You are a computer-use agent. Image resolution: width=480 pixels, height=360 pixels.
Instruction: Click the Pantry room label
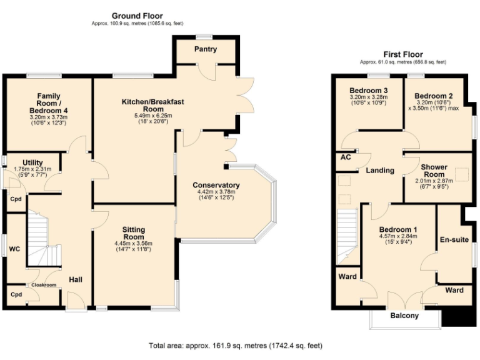tap(206, 49)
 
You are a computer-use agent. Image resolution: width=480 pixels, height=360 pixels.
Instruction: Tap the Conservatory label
tap(216, 186)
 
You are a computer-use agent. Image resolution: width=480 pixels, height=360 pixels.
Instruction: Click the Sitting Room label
tap(133, 233)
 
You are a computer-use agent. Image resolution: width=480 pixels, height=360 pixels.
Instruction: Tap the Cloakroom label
tap(44, 285)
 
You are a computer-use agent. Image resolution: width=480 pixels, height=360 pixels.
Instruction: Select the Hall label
tap(76, 279)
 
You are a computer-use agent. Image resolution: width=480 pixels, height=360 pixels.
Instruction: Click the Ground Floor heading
tap(137, 16)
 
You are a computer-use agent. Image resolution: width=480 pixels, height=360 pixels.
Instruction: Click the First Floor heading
tap(402, 54)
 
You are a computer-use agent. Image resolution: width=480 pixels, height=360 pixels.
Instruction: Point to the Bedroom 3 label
tap(368, 89)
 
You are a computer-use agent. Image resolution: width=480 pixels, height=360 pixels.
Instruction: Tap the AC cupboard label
tap(345, 157)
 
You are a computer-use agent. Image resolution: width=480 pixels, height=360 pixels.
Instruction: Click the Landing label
tap(379, 170)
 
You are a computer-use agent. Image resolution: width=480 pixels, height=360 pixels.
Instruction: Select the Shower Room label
tap(434, 170)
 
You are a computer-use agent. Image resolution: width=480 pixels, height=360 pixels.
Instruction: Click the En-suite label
tap(453, 239)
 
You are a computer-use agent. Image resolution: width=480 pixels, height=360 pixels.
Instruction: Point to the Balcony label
tap(404, 316)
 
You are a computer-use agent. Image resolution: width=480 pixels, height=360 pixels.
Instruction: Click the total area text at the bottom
tap(236, 345)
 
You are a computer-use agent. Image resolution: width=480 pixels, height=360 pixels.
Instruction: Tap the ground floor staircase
tap(37, 237)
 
